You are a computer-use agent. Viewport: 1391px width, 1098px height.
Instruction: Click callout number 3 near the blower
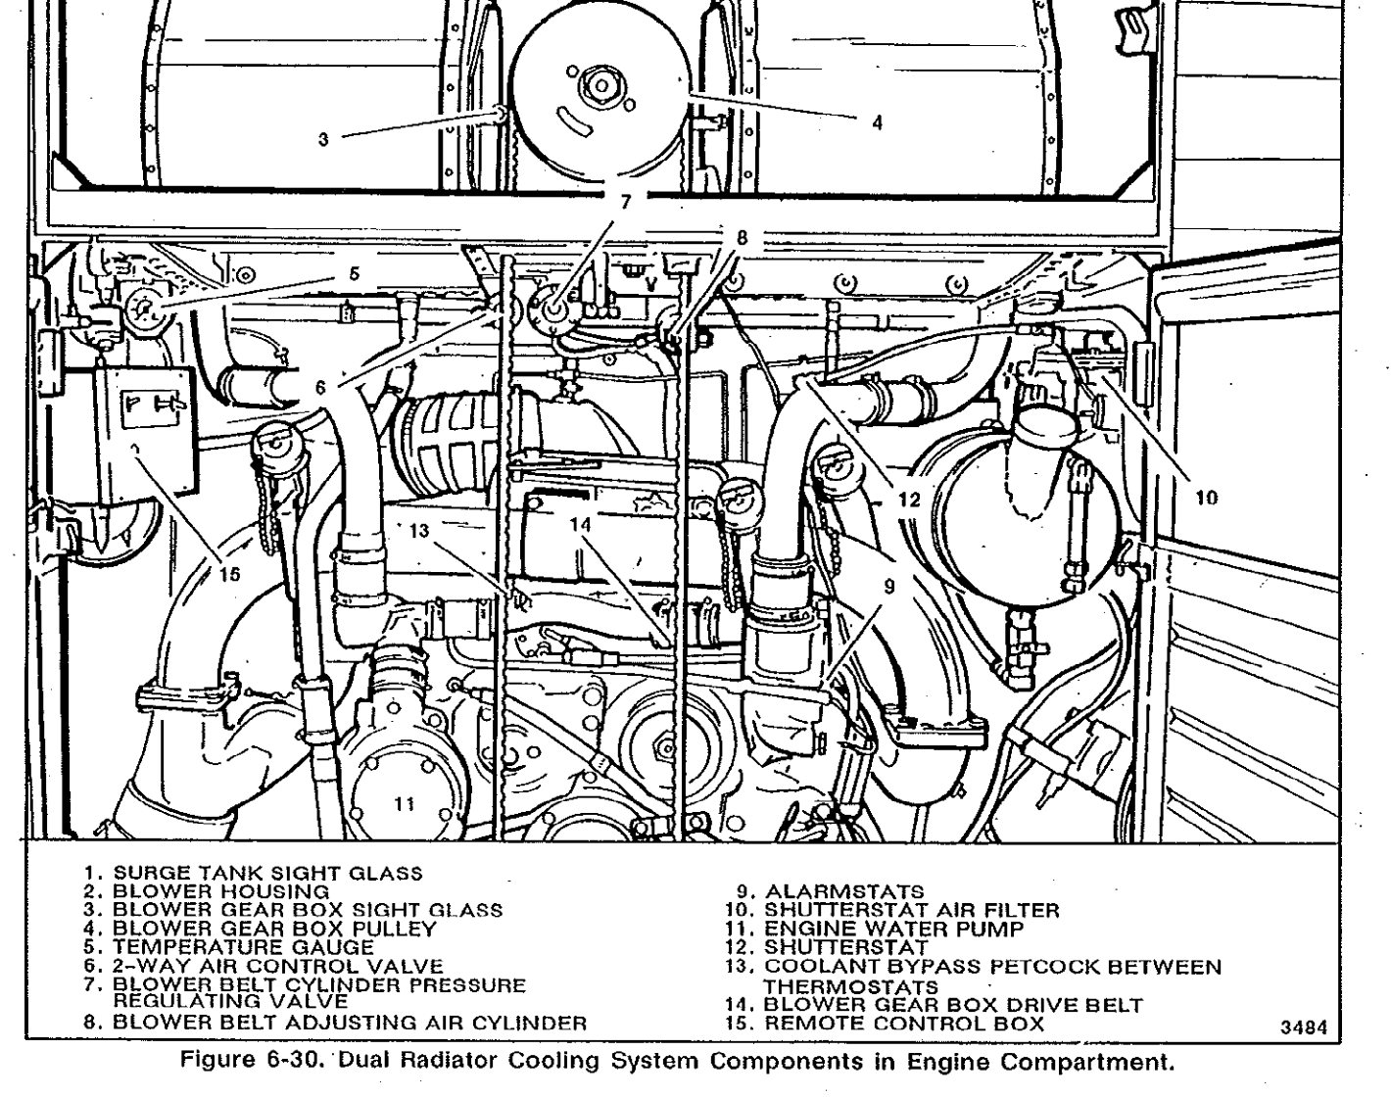[323, 139]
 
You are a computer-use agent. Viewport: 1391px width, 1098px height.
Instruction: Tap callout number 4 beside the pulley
[877, 123]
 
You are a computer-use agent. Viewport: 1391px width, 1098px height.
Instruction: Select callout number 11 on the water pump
[405, 804]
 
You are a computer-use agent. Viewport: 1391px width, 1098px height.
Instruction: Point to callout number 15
[228, 574]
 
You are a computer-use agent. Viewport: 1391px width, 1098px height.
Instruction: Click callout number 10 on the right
[1207, 498]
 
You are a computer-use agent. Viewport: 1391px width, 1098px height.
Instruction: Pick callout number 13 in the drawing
[420, 531]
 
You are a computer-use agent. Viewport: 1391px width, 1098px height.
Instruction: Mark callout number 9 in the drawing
[889, 587]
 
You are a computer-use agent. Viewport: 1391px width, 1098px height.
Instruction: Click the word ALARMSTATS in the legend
[843, 891]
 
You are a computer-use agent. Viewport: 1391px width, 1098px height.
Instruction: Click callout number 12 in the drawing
[910, 500]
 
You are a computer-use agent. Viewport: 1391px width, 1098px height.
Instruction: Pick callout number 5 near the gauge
[355, 274]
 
